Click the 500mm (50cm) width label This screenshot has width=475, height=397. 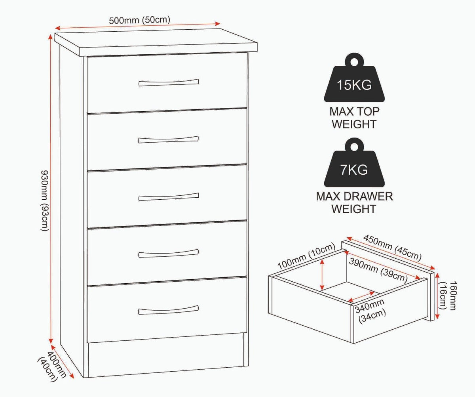[139, 20]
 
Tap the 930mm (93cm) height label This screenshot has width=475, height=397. [45, 200]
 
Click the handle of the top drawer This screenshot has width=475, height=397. [169, 82]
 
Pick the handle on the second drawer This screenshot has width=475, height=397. [168, 139]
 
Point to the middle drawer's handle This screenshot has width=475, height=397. [169, 197]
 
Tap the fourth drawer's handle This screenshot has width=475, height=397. [169, 253]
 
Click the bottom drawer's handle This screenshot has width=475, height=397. [168, 310]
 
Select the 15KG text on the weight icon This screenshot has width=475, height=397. [354, 85]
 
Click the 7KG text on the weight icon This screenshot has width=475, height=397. [354, 170]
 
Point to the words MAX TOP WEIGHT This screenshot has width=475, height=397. [354, 118]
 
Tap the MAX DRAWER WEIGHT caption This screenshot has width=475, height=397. [354, 202]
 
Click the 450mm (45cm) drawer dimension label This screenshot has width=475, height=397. [392, 248]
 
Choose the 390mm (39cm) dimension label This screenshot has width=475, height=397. [378, 270]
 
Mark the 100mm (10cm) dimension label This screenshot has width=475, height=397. [306, 256]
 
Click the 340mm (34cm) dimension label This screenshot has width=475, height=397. [370, 311]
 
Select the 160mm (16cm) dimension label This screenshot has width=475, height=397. [447, 296]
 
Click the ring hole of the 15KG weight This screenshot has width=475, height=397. [354, 62]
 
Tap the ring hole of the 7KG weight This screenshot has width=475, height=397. [354, 147]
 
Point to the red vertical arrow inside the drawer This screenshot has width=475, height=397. [322, 275]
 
